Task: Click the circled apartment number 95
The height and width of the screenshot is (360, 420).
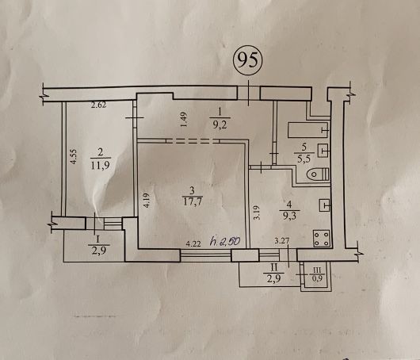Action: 247,59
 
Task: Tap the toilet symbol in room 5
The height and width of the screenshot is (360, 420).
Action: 319,174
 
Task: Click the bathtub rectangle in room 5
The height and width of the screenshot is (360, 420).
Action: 308,130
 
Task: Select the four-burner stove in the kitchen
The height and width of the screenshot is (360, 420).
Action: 322,239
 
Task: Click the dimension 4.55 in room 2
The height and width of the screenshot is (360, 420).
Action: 74,156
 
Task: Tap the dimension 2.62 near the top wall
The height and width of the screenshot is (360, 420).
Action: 98,105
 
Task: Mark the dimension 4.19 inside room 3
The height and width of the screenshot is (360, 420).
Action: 148,201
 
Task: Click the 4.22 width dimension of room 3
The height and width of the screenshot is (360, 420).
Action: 193,244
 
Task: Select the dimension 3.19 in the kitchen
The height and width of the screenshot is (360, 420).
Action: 257,213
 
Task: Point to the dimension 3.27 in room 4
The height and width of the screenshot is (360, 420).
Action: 281,241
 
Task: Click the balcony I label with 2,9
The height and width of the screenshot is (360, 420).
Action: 98,245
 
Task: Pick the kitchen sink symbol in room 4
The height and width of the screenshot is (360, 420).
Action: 324,205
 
